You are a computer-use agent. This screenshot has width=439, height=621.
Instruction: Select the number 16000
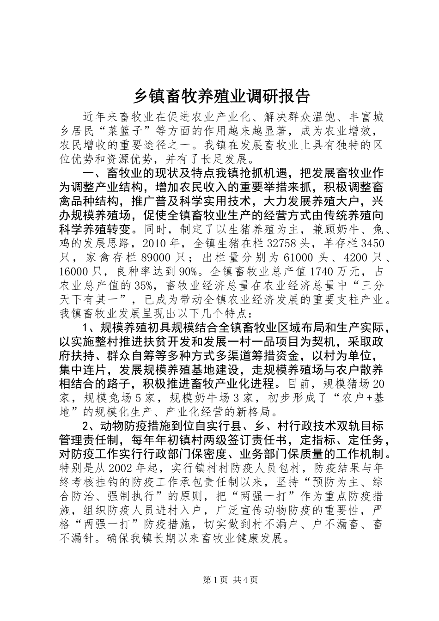(75, 272)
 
